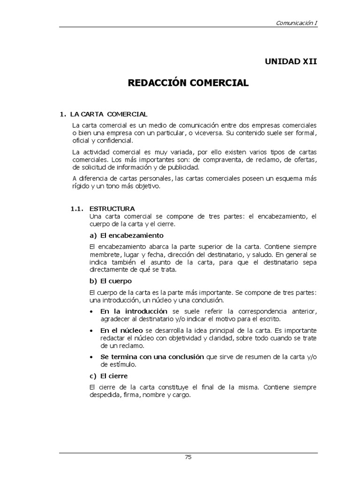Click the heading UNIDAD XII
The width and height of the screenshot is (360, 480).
291,61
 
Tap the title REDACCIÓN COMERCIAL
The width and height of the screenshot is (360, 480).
188,83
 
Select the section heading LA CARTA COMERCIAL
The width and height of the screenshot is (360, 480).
108,114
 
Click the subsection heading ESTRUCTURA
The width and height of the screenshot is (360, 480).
112,209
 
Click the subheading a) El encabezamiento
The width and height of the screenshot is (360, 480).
126,235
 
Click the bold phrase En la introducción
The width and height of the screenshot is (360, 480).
134,311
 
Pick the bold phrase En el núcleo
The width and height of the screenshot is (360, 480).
121,330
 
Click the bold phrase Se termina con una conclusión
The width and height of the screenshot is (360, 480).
152,357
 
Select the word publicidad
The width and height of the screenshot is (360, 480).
184,167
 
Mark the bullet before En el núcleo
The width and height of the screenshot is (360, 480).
90,331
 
